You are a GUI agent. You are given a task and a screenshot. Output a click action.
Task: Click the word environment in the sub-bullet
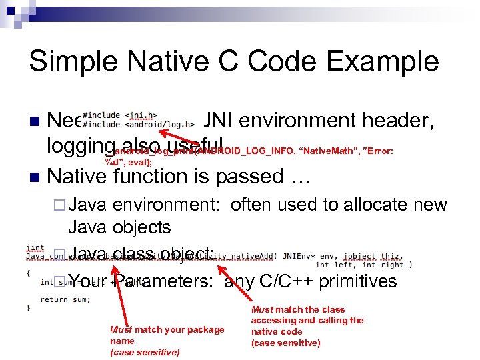(x=169, y=205)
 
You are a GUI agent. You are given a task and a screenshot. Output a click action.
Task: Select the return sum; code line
(x=65, y=299)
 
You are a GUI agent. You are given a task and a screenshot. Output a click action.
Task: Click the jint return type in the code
(x=35, y=247)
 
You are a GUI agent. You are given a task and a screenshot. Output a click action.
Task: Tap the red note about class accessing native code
(x=307, y=326)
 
